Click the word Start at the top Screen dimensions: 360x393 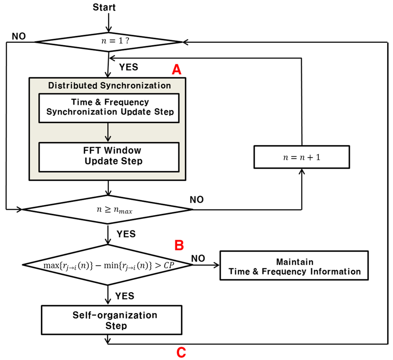coord(104,7)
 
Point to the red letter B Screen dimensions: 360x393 coord(179,246)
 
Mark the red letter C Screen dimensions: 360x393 coord(181,351)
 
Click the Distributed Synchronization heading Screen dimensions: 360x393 coord(109,85)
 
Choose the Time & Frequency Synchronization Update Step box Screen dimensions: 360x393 coord(110,107)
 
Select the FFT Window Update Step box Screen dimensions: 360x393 coord(110,156)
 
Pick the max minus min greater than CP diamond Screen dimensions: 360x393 coord(107,265)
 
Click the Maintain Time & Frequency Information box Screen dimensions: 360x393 coord(295,267)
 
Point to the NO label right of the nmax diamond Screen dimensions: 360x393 coord(196,199)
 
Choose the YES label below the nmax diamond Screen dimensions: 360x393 coord(126,234)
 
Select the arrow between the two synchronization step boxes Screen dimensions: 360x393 coord(109,132)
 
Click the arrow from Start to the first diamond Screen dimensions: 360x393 coord(109,23)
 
